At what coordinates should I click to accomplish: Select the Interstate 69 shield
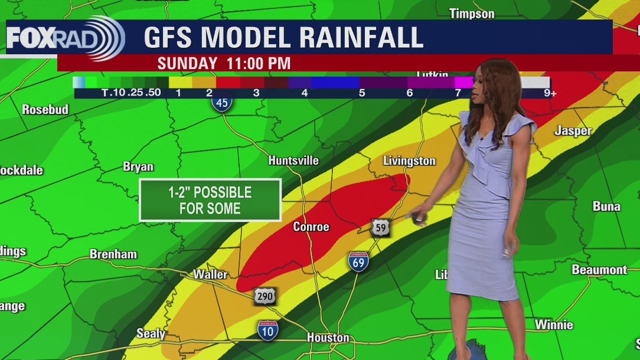(358, 261)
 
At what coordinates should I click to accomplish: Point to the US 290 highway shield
(265, 295)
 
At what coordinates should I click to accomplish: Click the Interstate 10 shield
(267, 329)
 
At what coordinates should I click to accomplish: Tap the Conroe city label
(311, 227)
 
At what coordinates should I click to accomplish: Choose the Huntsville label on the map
(293, 161)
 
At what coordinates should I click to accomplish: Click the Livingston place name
(409, 161)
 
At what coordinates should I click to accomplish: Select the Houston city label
(328, 338)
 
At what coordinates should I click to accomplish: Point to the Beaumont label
(599, 270)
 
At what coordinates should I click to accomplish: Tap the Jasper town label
(573, 131)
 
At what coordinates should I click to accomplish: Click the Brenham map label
(113, 254)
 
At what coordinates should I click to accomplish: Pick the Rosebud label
(45, 109)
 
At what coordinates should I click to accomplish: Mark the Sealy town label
(151, 333)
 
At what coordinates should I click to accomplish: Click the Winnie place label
(554, 325)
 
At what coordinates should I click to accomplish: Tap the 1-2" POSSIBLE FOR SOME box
(210, 200)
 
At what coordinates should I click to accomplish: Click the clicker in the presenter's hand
(419, 219)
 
